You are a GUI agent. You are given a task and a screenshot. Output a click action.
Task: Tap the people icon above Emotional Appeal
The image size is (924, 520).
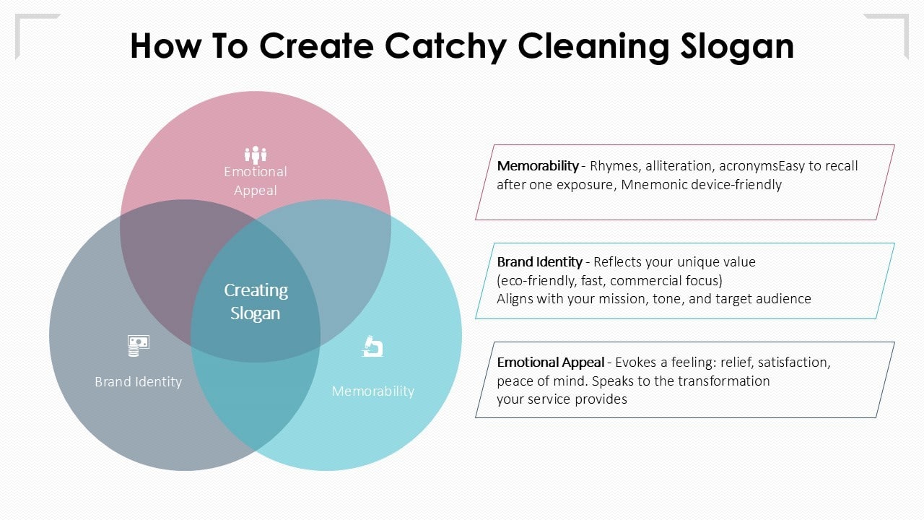pyautogui.click(x=255, y=154)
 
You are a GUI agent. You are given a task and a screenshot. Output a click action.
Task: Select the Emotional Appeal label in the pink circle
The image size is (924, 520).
pyautogui.click(x=255, y=181)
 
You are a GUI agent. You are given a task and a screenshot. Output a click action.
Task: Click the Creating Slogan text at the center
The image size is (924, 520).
pyautogui.click(x=256, y=301)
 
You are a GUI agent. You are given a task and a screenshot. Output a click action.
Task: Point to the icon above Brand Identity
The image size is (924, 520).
pyautogui.click(x=138, y=346)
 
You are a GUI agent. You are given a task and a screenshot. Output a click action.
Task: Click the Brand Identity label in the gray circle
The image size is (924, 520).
pyautogui.click(x=138, y=381)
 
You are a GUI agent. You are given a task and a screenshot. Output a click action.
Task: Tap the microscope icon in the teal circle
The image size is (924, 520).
pyautogui.click(x=372, y=347)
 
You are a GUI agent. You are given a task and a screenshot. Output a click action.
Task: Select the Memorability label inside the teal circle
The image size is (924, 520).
pyautogui.click(x=372, y=391)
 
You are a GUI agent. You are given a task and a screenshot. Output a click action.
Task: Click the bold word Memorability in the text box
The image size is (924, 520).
pyautogui.click(x=537, y=166)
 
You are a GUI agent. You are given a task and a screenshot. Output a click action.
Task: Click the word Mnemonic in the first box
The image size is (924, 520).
pyautogui.click(x=650, y=185)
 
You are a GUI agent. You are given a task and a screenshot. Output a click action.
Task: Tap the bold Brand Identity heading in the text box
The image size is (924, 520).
pyautogui.click(x=539, y=261)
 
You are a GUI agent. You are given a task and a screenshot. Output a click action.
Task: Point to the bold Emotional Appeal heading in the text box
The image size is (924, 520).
pyautogui.click(x=550, y=363)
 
